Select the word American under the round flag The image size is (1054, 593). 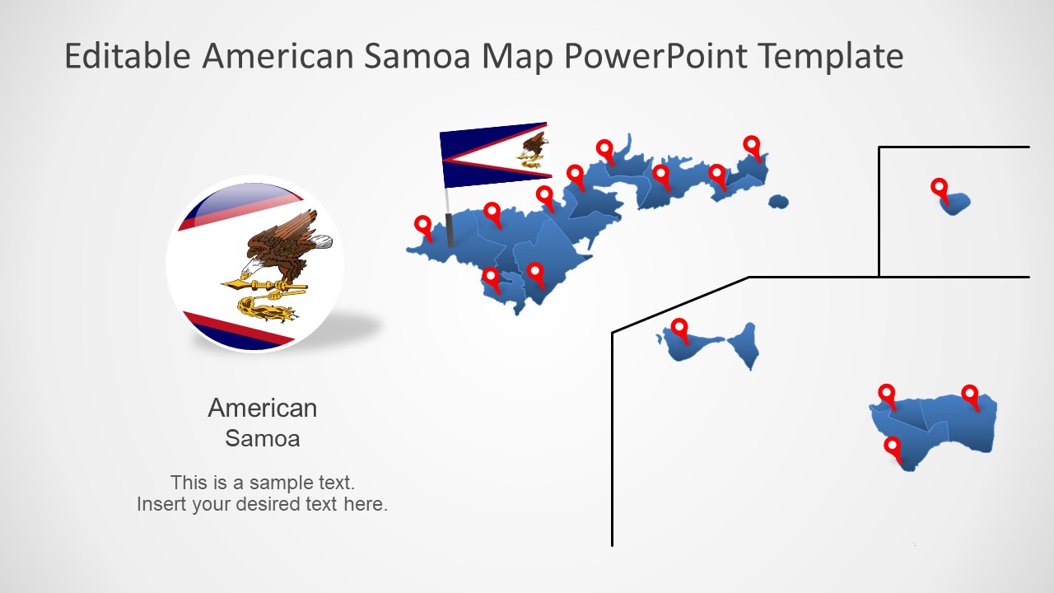pyautogui.click(x=262, y=408)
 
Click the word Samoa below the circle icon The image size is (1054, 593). pyautogui.click(x=262, y=438)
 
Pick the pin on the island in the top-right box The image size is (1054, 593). pyautogui.click(x=940, y=188)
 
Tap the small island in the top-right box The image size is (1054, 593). pyautogui.click(x=957, y=203)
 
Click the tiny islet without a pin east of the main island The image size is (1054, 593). pyautogui.click(x=778, y=202)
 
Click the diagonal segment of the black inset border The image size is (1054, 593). pyautogui.click(x=680, y=305)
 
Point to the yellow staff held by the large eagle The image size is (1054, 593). pyautogui.click(x=263, y=286)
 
